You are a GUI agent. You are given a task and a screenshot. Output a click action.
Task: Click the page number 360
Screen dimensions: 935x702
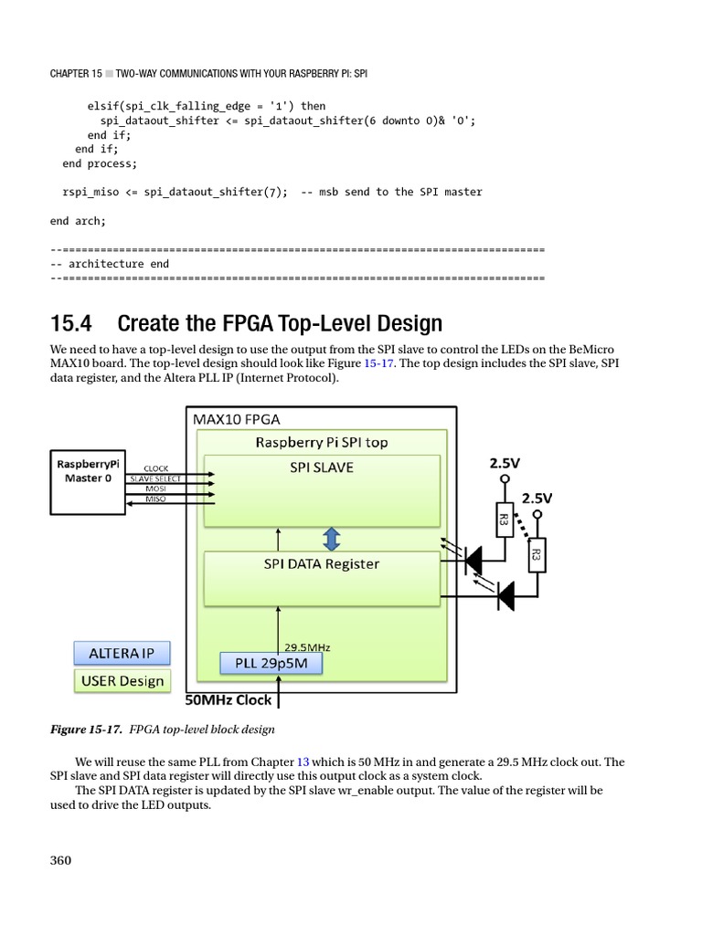pos(60,860)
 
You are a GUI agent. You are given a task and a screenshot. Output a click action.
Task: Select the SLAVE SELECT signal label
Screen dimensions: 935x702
pos(156,478)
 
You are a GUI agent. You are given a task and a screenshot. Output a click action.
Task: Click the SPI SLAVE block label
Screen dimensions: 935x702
pos(322,467)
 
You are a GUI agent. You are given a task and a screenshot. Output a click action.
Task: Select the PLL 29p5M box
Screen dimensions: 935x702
pos(271,663)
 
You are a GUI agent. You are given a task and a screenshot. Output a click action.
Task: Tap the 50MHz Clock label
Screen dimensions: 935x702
pos(229,700)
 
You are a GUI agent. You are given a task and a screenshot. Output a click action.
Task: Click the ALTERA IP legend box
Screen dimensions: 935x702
pos(121,654)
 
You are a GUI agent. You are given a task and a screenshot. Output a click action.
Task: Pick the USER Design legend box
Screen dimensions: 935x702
pos(121,680)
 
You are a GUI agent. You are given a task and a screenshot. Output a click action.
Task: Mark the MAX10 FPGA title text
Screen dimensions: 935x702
pos(236,419)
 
